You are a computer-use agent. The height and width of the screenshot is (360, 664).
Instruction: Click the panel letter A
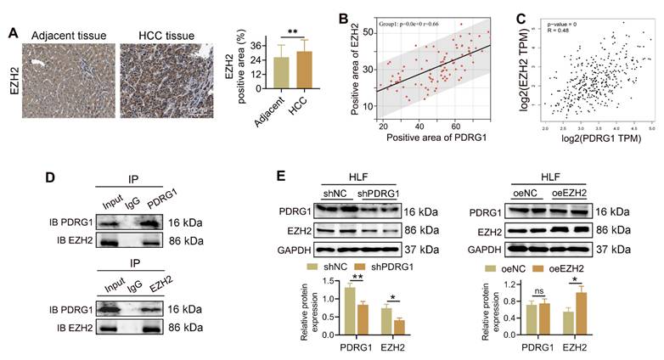click(14, 33)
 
